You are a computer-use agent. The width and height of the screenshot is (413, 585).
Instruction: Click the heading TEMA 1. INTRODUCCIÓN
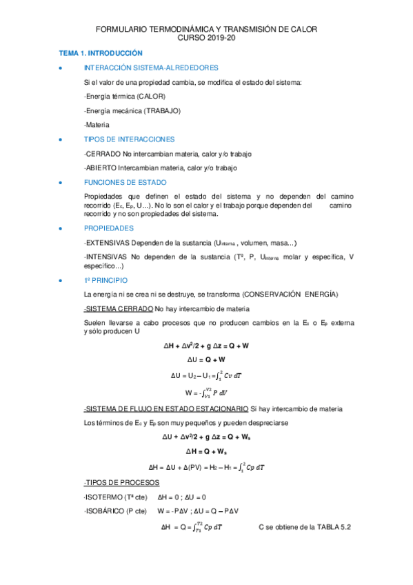(x=100, y=53)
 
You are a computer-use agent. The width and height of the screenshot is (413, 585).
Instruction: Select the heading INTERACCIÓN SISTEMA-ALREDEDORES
(x=151, y=68)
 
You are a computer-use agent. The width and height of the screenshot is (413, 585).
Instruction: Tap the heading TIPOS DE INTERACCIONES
(x=129, y=139)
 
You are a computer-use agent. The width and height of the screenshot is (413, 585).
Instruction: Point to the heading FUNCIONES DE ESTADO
(x=125, y=182)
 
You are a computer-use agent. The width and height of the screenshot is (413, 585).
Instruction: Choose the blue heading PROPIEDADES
(x=109, y=228)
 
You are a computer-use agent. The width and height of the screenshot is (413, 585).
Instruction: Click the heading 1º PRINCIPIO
(x=105, y=280)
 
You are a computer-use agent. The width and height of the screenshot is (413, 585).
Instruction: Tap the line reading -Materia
(x=97, y=124)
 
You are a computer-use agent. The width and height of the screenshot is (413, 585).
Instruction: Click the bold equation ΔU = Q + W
(x=206, y=360)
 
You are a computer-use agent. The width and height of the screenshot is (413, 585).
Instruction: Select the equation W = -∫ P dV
(x=206, y=393)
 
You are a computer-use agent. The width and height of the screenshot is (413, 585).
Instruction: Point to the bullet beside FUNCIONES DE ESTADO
(x=62, y=183)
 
